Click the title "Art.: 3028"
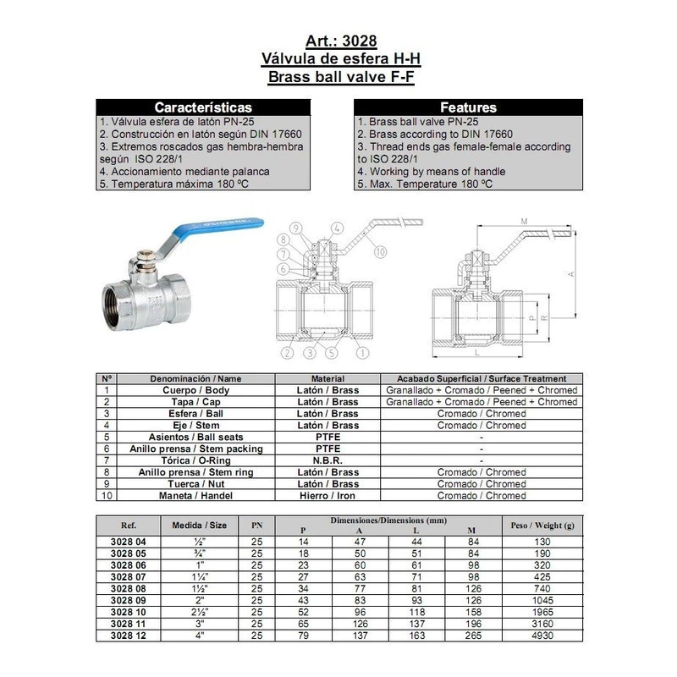click(x=338, y=41)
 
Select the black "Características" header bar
click(x=202, y=107)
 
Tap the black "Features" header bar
click(x=468, y=107)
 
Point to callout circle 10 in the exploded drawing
click(x=380, y=251)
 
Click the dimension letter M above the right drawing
click(x=525, y=221)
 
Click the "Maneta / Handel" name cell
click(x=195, y=496)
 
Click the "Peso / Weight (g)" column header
click(x=542, y=525)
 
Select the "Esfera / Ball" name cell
click(x=195, y=414)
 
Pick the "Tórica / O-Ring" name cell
click(x=195, y=460)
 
